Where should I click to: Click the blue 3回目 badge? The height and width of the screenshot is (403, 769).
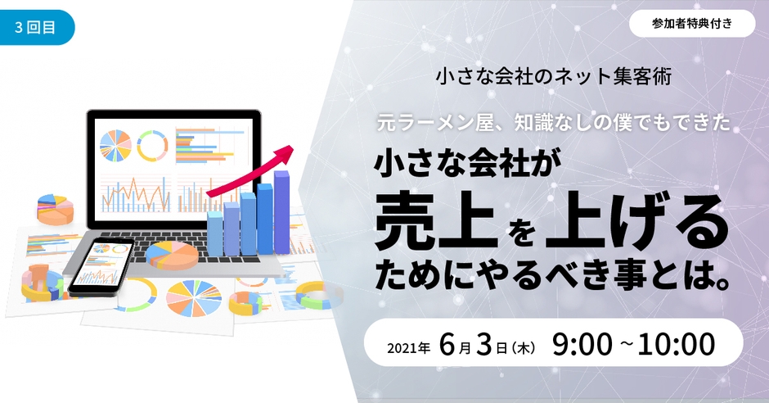point(36,28)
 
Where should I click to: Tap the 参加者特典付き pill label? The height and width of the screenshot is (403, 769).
point(692,24)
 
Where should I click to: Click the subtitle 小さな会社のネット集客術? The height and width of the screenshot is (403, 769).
point(554,76)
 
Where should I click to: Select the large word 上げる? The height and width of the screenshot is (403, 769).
point(636,221)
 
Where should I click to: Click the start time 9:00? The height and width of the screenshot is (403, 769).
point(582,344)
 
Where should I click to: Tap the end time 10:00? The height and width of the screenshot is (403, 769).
point(677,344)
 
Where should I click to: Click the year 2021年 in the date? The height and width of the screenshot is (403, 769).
point(408,348)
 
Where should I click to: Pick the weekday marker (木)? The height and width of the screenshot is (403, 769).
point(524,348)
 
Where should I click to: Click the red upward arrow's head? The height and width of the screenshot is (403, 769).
point(286,152)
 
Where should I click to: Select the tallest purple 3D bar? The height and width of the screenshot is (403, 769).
point(281,211)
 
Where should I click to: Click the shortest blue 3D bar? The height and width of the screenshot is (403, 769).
point(215,233)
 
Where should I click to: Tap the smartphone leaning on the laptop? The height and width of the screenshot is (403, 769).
point(101,268)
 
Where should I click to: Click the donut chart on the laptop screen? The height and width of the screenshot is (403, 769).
point(152,146)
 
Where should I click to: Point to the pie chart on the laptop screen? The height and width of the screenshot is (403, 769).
point(115,146)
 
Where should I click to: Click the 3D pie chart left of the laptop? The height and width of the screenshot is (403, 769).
point(55,210)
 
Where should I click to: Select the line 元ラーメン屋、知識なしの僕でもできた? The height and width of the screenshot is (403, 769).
point(554,123)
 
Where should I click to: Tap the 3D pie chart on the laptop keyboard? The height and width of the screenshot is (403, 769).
point(172,256)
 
